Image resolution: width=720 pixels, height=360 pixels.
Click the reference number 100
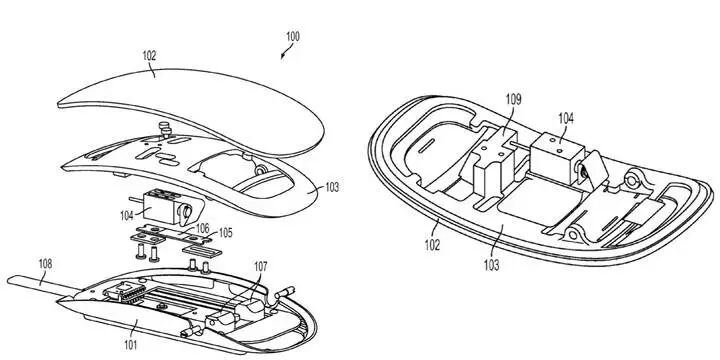(292, 37)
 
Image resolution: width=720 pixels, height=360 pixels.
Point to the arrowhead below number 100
(283, 56)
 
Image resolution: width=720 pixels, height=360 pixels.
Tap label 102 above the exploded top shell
(149, 56)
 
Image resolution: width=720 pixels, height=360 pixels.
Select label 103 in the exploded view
(332, 187)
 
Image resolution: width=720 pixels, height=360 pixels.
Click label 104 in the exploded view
(127, 215)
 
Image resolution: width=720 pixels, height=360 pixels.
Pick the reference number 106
(202, 228)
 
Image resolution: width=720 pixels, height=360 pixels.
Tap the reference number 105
(225, 233)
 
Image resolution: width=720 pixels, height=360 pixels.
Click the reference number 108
(45, 264)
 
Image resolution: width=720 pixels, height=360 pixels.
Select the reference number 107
(260, 266)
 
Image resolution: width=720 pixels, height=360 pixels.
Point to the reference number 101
(129, 344)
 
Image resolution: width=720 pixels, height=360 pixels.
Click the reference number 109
(513, 100)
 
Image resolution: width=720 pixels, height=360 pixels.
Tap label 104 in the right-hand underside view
(566, 118)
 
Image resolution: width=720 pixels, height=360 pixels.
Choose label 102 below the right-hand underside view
(432, 245)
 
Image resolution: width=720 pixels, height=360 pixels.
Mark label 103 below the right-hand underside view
(491, 265)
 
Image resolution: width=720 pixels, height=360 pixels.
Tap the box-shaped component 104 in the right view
(557, 153)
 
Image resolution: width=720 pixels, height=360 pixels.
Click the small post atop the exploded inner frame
(164, 129)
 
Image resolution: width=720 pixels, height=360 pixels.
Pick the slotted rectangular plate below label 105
(202, 251)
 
